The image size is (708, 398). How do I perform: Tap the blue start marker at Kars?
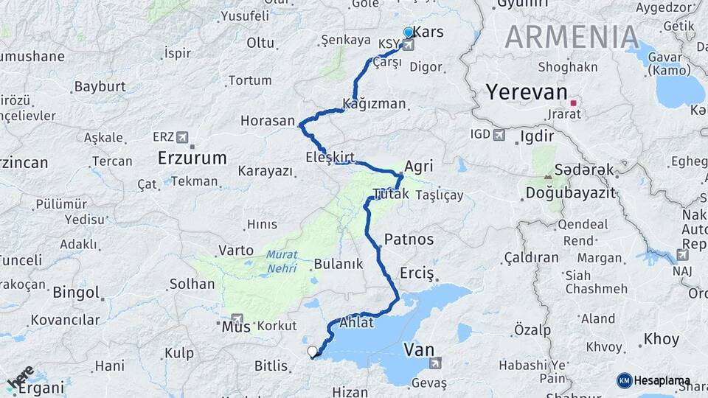pos(409,33)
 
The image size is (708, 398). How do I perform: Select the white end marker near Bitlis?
pos(313,352)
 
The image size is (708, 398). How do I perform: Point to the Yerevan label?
pos(526,94)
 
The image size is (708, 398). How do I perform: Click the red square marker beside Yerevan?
pos(573,103)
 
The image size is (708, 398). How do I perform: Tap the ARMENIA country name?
pos(572,37)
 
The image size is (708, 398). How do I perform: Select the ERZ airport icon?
pos(183,137)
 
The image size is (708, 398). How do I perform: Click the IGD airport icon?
pos(499,134)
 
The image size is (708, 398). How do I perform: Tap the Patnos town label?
pos(409,240)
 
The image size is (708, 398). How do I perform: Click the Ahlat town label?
pos(358,323)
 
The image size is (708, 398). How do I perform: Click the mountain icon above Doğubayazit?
pos(547,177)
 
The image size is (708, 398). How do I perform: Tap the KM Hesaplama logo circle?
pos(624,380)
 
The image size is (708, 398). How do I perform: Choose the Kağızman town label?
pos(375,104)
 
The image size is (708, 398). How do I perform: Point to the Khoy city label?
pos(661,339)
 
